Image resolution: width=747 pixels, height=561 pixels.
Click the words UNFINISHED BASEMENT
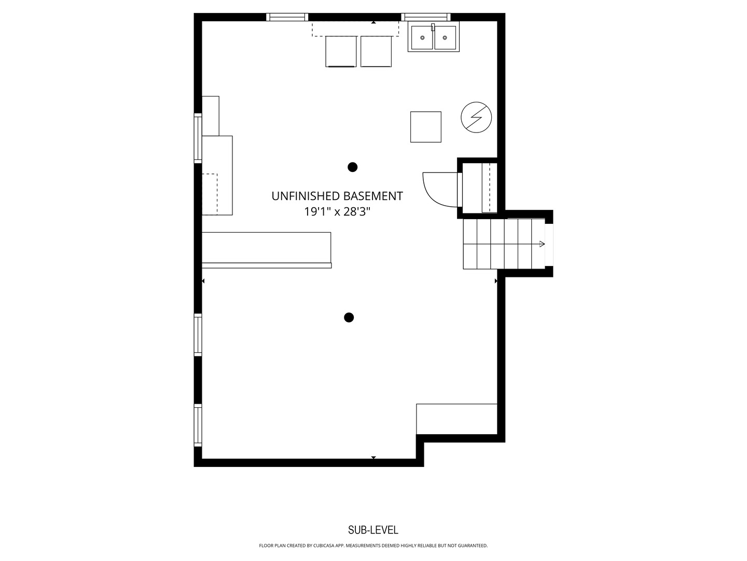[x=337, y=196]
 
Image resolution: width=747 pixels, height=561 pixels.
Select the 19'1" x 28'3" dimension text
[x=337, y=212]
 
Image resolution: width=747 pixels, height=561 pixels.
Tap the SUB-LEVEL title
[x=373, y=530]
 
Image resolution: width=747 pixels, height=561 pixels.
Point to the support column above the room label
[x=352, y=167]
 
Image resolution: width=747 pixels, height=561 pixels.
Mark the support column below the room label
[x=349, y=317]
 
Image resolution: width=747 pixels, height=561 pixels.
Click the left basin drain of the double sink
[x=422, y=38]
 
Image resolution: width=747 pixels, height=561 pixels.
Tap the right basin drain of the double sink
[x=445, y=38]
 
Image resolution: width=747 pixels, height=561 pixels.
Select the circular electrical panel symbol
[x=476, y=117]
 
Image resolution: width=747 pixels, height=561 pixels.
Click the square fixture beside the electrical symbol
[x=426, y=127]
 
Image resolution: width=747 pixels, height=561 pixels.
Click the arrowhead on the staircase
[x=542, y=244]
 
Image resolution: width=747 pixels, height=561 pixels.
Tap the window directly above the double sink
[x=426, y=17]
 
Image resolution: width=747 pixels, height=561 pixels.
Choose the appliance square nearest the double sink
[x=376, y=51]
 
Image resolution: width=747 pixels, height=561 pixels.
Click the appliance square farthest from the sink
[x=341, y=51]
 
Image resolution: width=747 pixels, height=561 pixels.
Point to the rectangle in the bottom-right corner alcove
[x=457, y=419]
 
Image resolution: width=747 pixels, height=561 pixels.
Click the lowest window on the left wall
[x=198, y=425]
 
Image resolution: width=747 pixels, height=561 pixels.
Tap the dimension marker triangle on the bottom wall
[x=373, y=458]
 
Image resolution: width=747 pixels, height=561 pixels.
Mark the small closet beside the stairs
[x=477, y=188]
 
